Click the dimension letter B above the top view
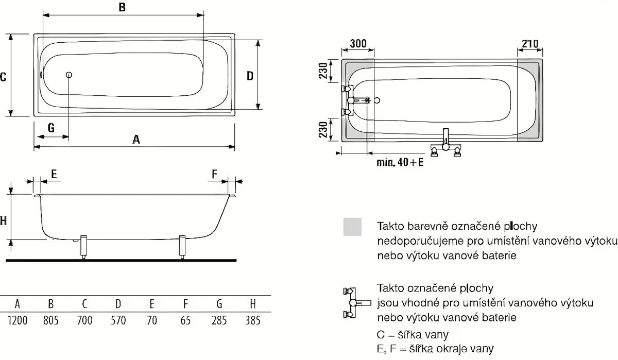122,7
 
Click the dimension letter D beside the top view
250,76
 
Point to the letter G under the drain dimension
51,127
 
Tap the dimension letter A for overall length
136,139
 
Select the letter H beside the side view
3,220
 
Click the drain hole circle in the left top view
68,75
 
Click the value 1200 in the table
17,320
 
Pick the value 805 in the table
50,320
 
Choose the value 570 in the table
118,320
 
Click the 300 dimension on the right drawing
358,44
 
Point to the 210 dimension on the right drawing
529,44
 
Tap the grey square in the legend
352,227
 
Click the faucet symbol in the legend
352,303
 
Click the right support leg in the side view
182,247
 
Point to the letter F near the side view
215,174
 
